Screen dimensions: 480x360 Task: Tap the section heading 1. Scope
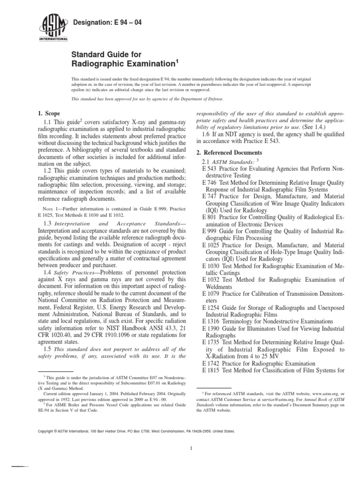tap(49, 113)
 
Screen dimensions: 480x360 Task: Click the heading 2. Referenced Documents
tap(228, 153)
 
